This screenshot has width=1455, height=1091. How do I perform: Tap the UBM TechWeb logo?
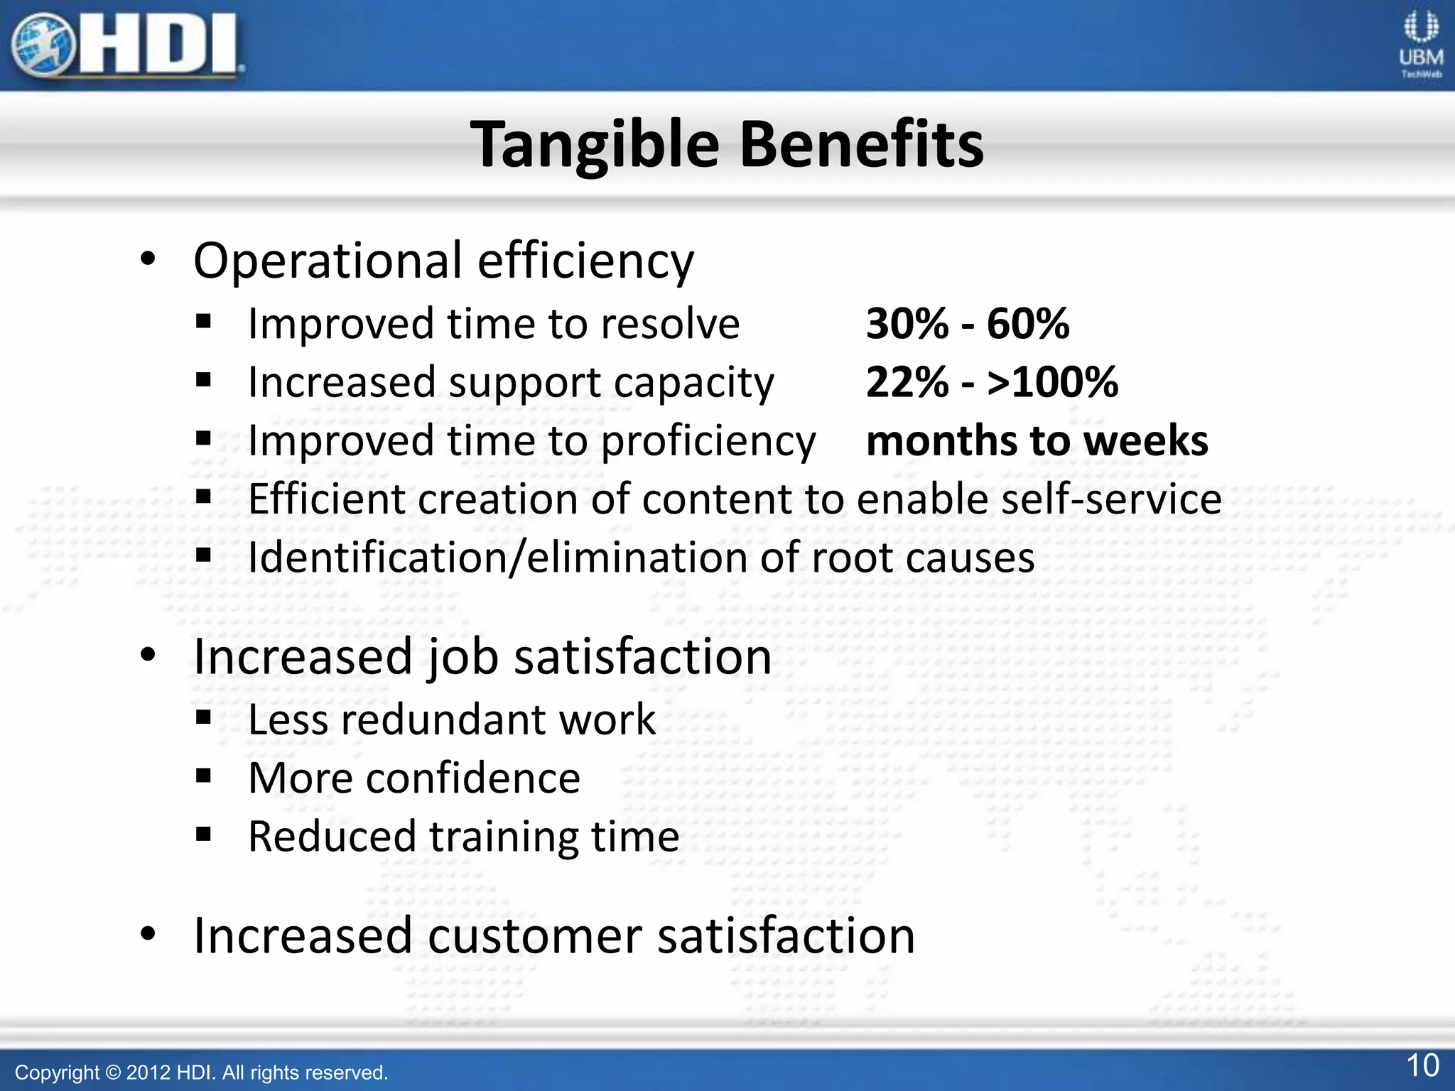coord(1420,45)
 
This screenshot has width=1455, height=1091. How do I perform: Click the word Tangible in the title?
coord(595,145)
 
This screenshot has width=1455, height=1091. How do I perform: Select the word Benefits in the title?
coord(861,145)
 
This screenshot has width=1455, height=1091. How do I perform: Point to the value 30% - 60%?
coord(967,324)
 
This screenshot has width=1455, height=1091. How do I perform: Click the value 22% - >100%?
coord(992,382)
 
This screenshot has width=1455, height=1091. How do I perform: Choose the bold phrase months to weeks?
coord(1037,440)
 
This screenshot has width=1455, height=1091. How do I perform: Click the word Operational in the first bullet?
coord(328,261)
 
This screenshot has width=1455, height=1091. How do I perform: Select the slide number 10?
coord(1422,1065)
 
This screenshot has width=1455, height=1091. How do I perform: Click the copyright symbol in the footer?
coord(113,1073)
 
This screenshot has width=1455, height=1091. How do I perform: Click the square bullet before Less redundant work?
coord(204,718)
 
